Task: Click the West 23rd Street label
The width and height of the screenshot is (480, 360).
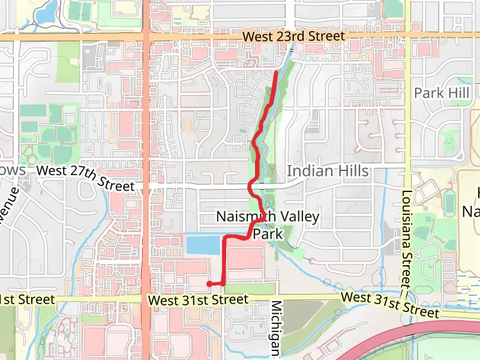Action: pos(294,37)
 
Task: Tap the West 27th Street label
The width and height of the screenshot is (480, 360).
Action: pos(85,179)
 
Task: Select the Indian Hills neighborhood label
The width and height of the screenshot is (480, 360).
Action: pos(328,171)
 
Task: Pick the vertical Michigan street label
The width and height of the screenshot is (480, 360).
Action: pos(277,330)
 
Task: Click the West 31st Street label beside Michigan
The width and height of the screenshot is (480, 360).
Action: pos(198,299)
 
